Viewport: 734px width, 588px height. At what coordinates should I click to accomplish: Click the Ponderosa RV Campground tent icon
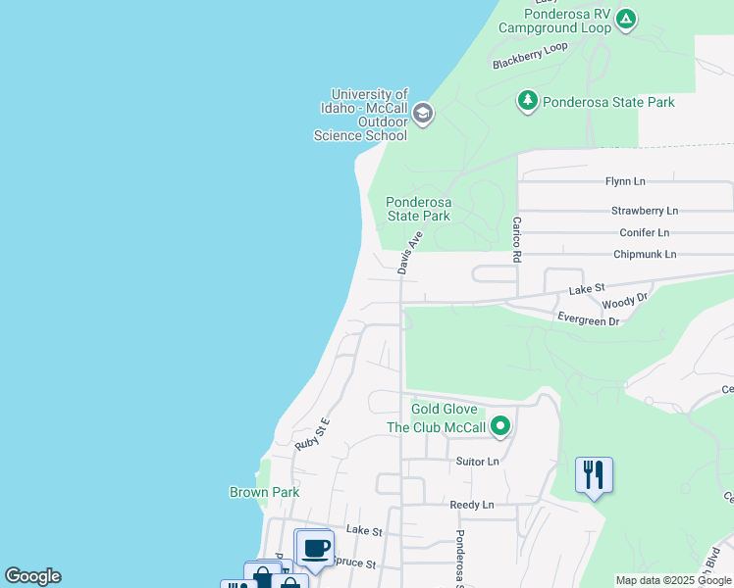pos(626,19)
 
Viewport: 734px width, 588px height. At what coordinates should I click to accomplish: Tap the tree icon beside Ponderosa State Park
pos(528,101)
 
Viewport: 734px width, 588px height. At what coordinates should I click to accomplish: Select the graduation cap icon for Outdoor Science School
pos(423,114)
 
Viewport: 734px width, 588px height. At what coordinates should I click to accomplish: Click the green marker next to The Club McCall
pos(500,426)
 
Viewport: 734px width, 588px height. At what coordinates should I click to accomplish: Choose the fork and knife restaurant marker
pos(594,475)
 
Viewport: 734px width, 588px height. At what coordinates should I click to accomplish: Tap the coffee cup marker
pos(314,548)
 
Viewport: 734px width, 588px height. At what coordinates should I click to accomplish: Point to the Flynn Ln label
pos(625,181)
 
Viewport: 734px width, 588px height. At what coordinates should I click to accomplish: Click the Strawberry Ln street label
pos(644,211)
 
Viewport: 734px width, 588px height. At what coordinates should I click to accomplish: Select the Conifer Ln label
pos(644,232)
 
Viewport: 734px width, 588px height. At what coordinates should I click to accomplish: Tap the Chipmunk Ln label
pos(645,254)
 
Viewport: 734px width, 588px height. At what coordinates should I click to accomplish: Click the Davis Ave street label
pos(410,252)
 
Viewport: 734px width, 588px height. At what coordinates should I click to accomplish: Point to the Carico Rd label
pos(516,240)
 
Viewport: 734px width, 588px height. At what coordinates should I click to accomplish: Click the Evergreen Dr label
pos(588,319)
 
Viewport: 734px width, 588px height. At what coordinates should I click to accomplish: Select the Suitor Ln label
pos(478,461)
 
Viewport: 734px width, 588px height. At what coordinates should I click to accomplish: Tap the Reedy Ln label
pos(471,505)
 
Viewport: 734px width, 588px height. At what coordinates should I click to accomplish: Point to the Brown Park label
pos(264,492)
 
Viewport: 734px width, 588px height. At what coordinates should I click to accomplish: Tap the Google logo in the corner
pos(32,576)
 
